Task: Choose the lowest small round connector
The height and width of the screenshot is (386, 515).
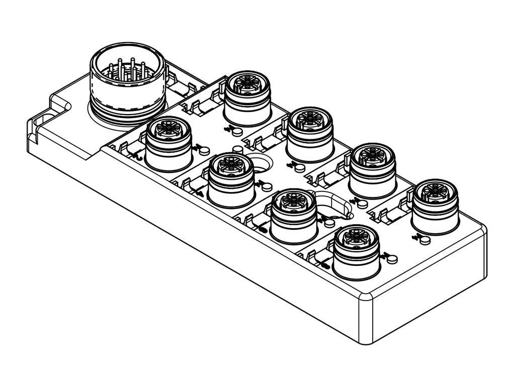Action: click(x=357, y=251)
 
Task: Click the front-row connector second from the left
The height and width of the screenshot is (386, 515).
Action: click(x=231, y=178)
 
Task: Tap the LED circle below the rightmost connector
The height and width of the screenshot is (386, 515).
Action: click(x=425, y=239)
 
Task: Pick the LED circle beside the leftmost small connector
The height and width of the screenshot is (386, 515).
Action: click(x=204, y=149)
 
